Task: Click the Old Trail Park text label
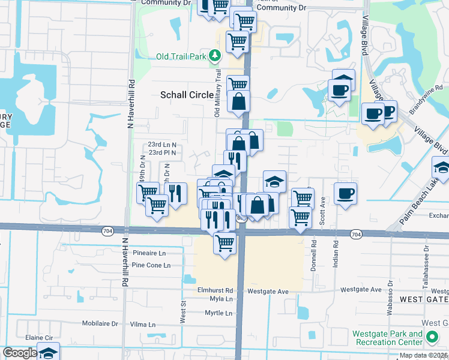click(180, 56)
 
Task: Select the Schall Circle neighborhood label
click(187, 95)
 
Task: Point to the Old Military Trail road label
click(218, 93)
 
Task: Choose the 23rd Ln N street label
click(162, 145)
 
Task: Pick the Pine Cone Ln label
click(151, 265)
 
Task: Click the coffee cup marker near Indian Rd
click(346, 194)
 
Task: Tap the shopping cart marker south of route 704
click(224, 244)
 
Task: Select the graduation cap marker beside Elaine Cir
click(48, 352)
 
